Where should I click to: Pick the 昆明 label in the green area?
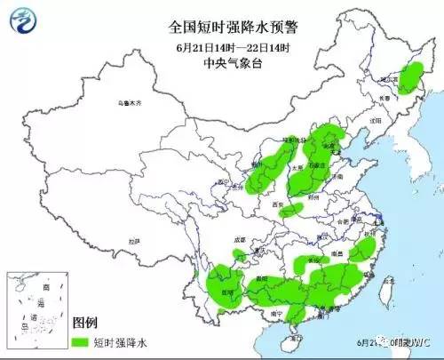pos(228,291)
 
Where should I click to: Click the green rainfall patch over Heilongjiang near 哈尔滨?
pos(410,78)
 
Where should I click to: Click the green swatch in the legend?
pos(81,340)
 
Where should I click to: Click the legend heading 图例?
pos(86,321)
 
